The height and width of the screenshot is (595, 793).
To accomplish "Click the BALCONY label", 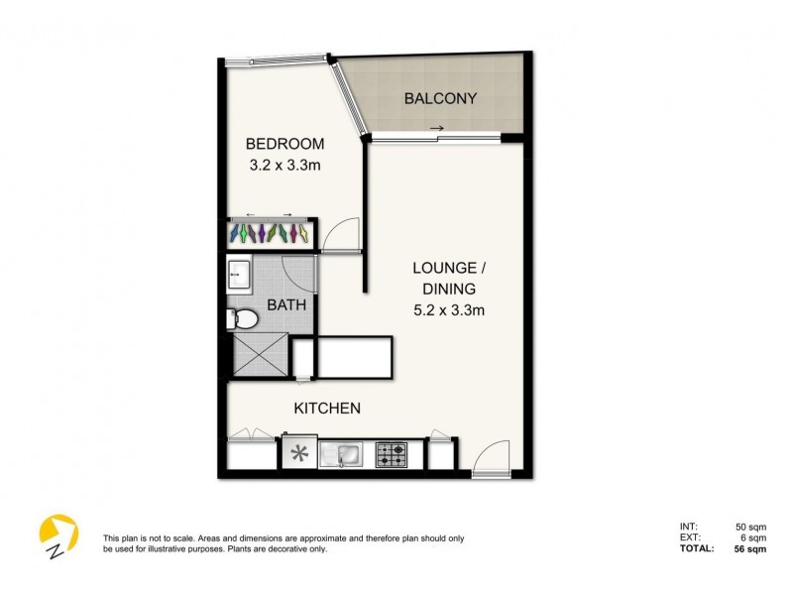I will pos(441,98).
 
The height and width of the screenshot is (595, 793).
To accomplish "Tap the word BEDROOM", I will pos(285,144).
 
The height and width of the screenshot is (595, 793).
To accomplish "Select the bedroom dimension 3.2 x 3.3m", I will pos(285,166).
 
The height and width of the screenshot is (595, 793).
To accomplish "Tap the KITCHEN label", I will pos(326,408).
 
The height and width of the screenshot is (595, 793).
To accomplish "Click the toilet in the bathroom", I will pos(242,317).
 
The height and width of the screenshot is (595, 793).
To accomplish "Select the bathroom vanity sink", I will pos(239,275).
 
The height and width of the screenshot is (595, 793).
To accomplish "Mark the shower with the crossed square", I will pos(257,355).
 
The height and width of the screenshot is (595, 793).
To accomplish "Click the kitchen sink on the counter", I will pos(347,455).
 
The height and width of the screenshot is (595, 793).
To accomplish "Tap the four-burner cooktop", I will pos(392,455).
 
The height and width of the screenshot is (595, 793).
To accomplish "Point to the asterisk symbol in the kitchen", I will pos(298,455).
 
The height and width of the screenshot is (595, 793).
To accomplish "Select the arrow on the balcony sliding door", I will pos(436,128).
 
